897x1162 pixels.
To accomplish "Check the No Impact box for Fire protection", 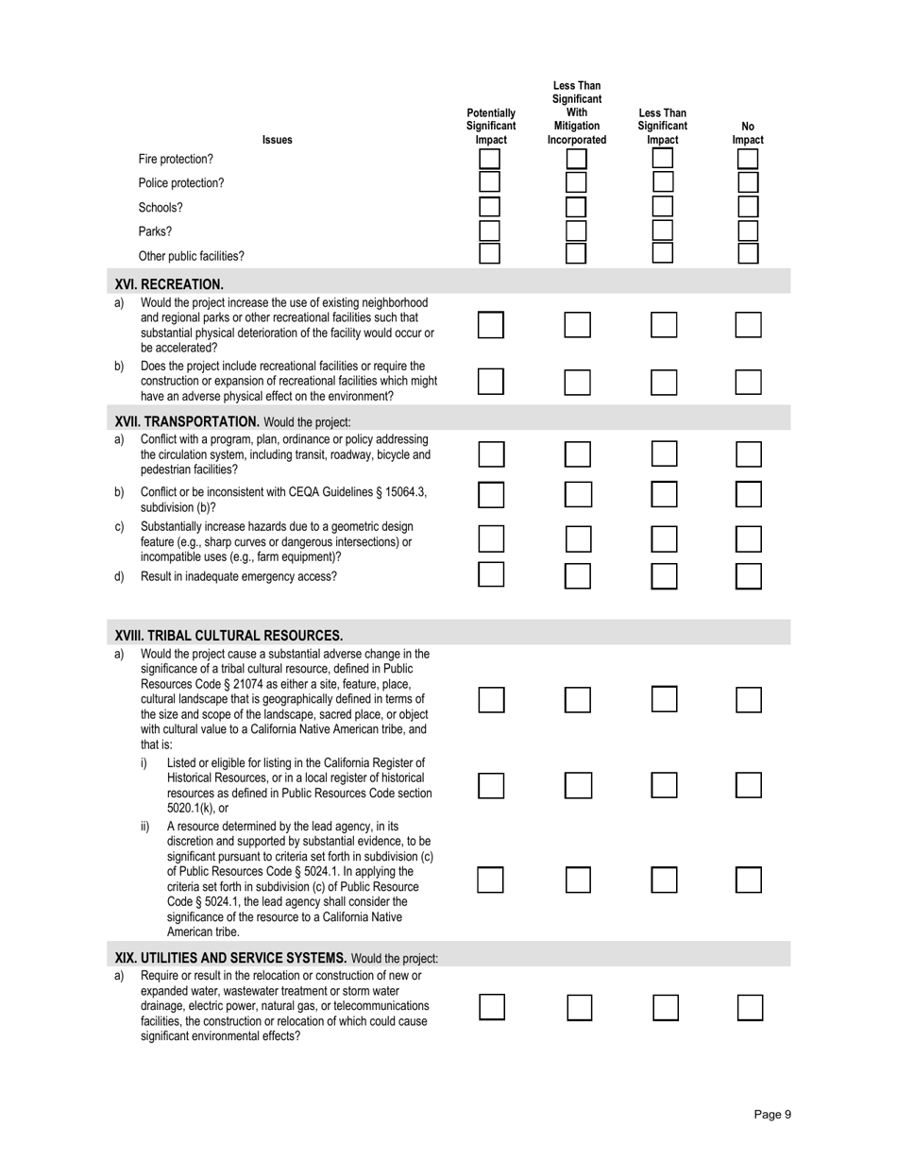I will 748,160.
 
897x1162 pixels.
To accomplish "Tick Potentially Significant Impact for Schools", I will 489,207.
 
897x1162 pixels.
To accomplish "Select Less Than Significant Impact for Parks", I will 663,231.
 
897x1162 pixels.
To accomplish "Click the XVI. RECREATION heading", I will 169,283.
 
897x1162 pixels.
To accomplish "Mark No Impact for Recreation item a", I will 748,325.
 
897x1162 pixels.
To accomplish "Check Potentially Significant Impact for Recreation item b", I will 490,382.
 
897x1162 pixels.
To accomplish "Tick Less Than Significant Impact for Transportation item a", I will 665,453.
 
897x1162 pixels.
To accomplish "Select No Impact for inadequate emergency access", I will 748,575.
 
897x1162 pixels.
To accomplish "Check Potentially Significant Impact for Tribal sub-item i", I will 490,786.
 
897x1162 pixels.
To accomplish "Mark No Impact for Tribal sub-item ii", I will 748,880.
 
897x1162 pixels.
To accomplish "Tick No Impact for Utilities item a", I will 749,1008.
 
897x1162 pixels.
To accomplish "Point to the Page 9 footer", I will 772,1115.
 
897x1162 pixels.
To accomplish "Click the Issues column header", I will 277,140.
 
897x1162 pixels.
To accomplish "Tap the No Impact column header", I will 748,133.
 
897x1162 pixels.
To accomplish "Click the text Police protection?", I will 181,183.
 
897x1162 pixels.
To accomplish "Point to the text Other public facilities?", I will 191,256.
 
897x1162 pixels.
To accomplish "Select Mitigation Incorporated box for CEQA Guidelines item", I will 578,494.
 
